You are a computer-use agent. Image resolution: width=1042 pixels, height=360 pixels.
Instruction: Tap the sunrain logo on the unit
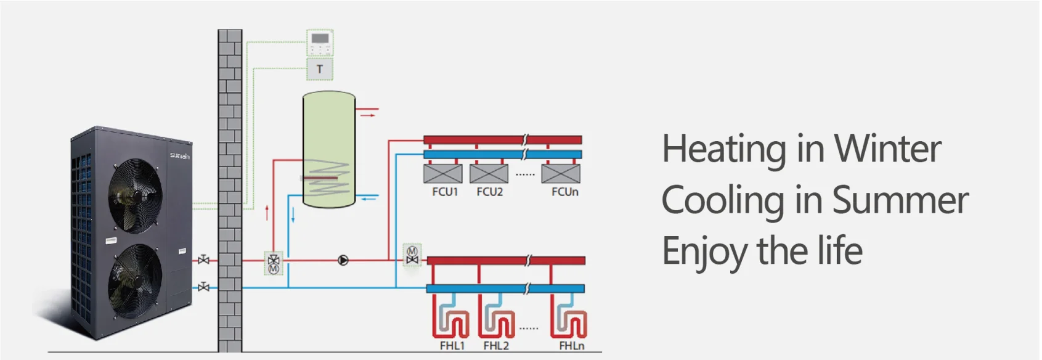(179, 156)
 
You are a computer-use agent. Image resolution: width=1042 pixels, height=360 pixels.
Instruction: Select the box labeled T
(320, 69)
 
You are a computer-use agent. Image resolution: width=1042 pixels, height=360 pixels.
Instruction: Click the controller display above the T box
(320, 38)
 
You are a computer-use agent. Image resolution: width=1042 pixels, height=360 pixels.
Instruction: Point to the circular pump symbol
(343, 261)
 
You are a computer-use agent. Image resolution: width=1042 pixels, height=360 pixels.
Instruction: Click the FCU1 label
(445, 192)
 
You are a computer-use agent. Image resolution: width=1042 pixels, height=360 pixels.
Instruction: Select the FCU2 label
(490, 192)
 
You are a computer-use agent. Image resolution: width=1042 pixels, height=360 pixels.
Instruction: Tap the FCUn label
(564, 192)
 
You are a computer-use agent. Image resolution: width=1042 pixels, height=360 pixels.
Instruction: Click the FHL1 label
(452, 346)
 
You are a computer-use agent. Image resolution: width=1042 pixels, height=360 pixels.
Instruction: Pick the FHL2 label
(496, 346)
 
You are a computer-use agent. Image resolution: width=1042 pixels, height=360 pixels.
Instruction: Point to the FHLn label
(572, 346)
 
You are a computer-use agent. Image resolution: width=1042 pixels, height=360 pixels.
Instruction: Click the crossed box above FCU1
(443, 173)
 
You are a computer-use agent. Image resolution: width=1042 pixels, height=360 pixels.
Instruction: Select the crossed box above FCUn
(561, 173)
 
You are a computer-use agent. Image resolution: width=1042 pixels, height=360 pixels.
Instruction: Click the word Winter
(887, 149)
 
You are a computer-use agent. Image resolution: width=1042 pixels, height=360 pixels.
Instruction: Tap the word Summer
(900, 200)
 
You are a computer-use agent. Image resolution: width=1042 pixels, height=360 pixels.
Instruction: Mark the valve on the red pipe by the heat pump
(203, 260)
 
